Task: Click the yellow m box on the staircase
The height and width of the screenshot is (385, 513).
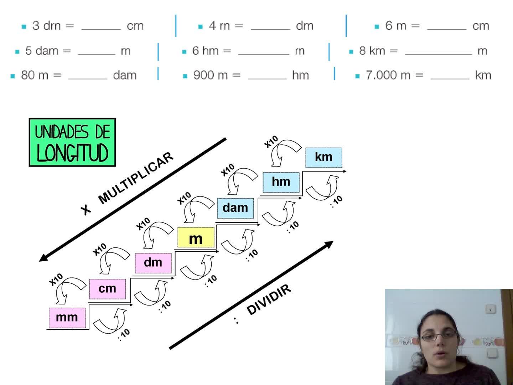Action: coord(196,238)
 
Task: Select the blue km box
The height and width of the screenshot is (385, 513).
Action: coord(323,157)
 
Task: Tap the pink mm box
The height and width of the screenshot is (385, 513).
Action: coord(67,317)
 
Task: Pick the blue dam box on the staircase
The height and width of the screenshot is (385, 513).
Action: coord(235,208)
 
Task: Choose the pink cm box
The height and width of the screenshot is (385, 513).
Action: coord(107,288)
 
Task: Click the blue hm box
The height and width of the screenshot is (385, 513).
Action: coord(281,182)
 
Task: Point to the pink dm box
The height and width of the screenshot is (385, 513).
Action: coord(153,262)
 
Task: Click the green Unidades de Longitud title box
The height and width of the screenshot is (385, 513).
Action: coord(72,143)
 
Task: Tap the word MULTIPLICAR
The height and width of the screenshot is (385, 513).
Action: coord(135,178)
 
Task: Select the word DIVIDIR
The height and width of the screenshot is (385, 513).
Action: coord(269,300)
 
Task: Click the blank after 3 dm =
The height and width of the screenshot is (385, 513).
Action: coord(101,27)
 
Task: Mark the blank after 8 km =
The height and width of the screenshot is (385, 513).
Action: coord(438,52)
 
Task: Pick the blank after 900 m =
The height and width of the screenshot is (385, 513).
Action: coord(267,76)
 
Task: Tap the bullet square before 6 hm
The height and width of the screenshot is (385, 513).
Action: coord(184,52)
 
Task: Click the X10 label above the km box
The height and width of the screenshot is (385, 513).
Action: coord(271,142)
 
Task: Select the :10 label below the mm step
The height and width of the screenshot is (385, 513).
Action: coord(124,334)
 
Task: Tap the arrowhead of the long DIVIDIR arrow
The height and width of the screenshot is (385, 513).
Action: coord(329,244)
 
